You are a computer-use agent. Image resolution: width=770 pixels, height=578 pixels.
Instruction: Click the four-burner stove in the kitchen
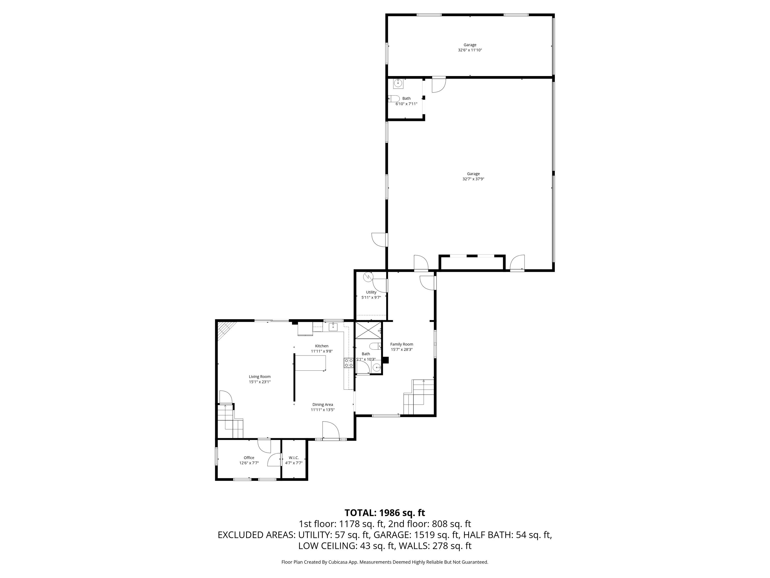point(349,363)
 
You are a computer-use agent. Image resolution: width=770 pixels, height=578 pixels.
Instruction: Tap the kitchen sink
point(333,327)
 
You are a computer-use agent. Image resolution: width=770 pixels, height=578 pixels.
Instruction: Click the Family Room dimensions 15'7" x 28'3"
point(402,349)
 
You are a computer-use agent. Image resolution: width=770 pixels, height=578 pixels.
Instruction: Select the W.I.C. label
point(294,458)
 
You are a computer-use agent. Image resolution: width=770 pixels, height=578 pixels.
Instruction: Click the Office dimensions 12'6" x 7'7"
point(249,463)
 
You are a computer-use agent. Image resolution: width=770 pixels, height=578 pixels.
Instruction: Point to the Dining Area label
point(323,405)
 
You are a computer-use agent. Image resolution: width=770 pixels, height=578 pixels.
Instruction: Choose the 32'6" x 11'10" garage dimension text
point(470,50)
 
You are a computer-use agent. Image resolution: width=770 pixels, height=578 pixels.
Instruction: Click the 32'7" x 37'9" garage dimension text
point(473,179)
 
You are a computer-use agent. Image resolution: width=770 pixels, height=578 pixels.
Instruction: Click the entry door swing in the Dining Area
point(331,431)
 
